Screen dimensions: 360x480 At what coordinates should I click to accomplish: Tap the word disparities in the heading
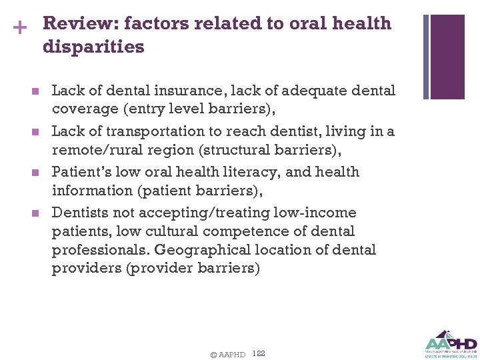tap(93, 47)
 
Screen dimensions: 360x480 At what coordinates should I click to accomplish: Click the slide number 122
tap(259, 353)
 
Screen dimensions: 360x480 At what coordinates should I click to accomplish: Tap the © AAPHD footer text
tap(227, 354)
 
